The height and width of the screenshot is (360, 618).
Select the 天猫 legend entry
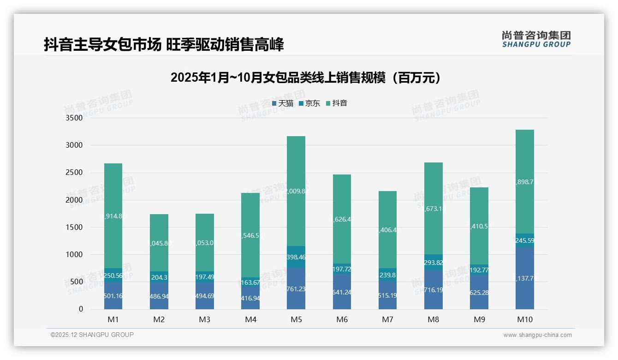(x=283, y=103)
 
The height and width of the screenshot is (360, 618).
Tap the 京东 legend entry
(x=309, y=103)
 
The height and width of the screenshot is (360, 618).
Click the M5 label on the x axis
(x=296, y=319)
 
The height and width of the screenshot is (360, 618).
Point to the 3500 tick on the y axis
(x=74, y=118)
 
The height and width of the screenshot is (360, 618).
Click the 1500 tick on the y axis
(x=74, y=228)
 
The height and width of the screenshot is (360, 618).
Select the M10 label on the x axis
(x=525, y=319)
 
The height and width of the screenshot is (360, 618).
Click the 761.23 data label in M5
(x=296, y=289)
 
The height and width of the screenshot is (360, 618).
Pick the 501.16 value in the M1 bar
(x=113, y=296)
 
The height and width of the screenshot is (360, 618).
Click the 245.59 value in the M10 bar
(x=525, y=240)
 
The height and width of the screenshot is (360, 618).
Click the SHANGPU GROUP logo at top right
(x=536, y=39)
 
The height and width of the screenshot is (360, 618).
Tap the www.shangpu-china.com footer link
(x=537, y=335)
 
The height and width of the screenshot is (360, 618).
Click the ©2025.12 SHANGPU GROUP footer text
(x=92, y=335)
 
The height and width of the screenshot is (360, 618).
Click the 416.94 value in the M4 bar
(x=250, y=299)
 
